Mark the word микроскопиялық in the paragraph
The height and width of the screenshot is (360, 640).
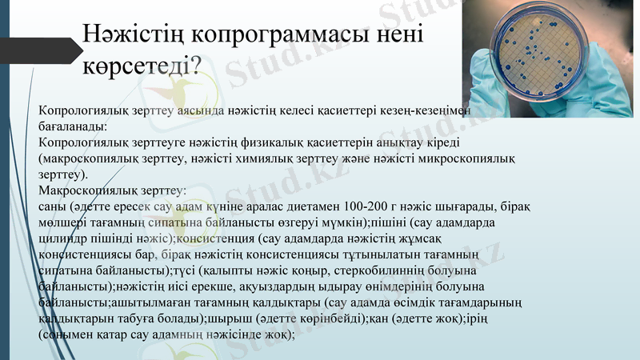point(475,158)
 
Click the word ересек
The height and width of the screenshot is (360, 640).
point(134,206)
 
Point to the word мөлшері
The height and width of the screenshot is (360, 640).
point(62,222)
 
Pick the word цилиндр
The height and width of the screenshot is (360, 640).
point(62,238)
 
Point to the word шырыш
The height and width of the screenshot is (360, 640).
point(226,319)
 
